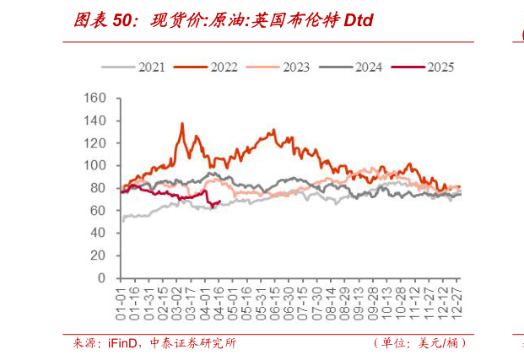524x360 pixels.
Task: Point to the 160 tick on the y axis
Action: [x=96, y=99]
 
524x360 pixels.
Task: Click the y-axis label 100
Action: [x=96, y=166]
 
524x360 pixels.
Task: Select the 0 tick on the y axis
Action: [x=103, y=278]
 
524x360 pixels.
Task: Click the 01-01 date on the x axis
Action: [x=122, y=299]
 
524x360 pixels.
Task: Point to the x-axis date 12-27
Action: [x=457, y=299]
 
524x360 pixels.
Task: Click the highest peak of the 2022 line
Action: [x=182, y=124]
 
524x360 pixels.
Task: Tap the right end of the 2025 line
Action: [x=220, y=201]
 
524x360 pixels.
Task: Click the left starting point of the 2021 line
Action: [x=122, y=221]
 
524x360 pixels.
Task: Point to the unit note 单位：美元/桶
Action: [x=419, y=343]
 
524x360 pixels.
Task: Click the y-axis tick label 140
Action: [x=96, y=121]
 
